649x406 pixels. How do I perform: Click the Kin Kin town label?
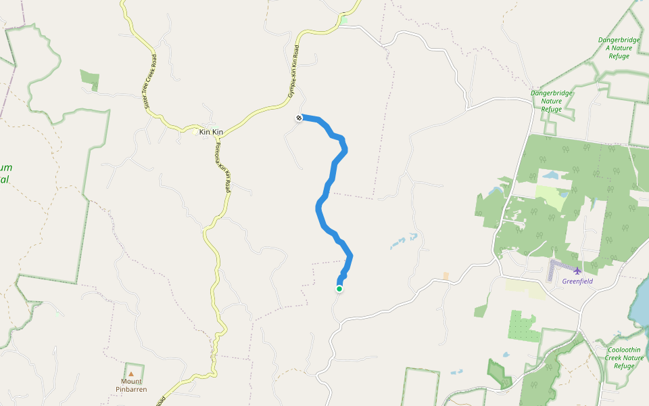(211, 131)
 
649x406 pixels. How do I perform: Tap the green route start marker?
(339, 289)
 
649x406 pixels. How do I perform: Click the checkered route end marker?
(299, 118)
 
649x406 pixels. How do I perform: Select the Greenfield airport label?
(577, 281)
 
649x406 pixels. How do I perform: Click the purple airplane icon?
(577, 271)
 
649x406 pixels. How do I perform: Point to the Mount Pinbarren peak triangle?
(131, 373)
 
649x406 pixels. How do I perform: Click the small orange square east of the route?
(446, 276)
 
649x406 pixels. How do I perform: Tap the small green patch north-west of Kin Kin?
(89, 77)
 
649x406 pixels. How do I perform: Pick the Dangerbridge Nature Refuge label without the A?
(552, 101)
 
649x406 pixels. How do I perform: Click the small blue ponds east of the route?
(402, 241)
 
